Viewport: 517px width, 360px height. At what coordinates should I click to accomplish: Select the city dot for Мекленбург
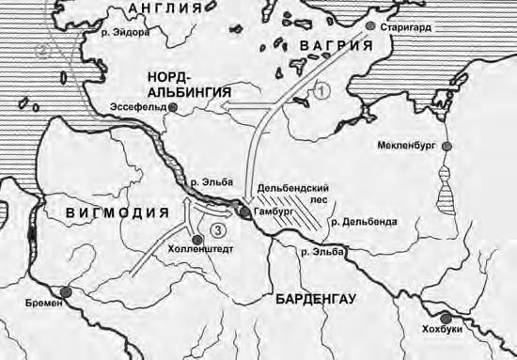tap(447, 147)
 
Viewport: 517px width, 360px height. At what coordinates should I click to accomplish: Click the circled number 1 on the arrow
tap(321, 91)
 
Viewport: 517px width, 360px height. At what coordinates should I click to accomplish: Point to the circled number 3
tap(218, 228)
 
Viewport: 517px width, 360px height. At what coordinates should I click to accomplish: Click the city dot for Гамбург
tap(244, 213)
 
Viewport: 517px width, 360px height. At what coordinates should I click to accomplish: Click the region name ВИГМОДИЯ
tap(117, 213)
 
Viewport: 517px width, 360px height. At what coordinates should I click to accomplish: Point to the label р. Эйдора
tap(131, 31)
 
